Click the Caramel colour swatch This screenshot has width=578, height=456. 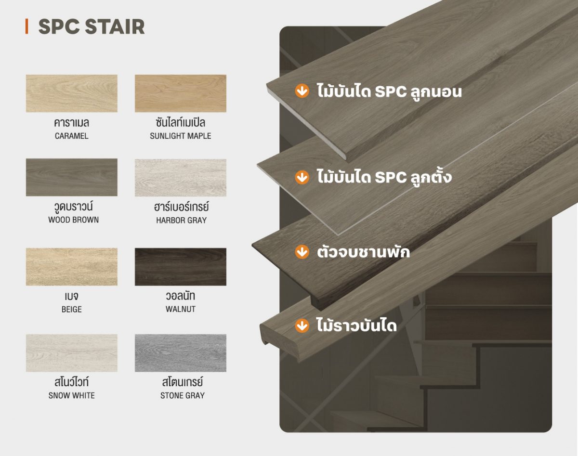(x=72, y=93)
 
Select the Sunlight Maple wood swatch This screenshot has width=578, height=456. (x=181, y=93)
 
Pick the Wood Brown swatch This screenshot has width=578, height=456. (x=72, y=177)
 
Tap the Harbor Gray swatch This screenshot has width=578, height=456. (x=181, y=178)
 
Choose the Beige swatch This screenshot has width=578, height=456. (x=72, y=267)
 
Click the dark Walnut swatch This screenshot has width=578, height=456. (x=181, y=267)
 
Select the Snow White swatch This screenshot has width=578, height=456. (x=72, y=353)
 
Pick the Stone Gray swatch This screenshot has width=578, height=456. (x=181, y=353)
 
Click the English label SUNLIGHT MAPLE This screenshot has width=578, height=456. (x=181, y=136)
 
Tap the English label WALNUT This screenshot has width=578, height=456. (x=181, y=309)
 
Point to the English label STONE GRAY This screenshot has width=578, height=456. (x=183, y=396)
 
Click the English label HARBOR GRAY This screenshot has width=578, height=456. (x=181, y=221)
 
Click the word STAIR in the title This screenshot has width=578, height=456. (x=115, y=27)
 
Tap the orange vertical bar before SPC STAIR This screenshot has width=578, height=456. (x=26, y=26)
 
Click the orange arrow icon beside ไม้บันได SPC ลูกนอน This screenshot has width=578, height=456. (x=302, y=91)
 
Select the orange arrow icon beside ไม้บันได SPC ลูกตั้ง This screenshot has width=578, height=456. (x=302, y=177)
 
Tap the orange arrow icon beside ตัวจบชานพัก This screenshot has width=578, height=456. (x=302, y=252)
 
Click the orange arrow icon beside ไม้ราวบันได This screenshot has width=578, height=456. (x=302, y=326)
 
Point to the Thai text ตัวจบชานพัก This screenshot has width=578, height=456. (x=363, y=252)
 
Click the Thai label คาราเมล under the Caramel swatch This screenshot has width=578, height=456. (x=71, y=123)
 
